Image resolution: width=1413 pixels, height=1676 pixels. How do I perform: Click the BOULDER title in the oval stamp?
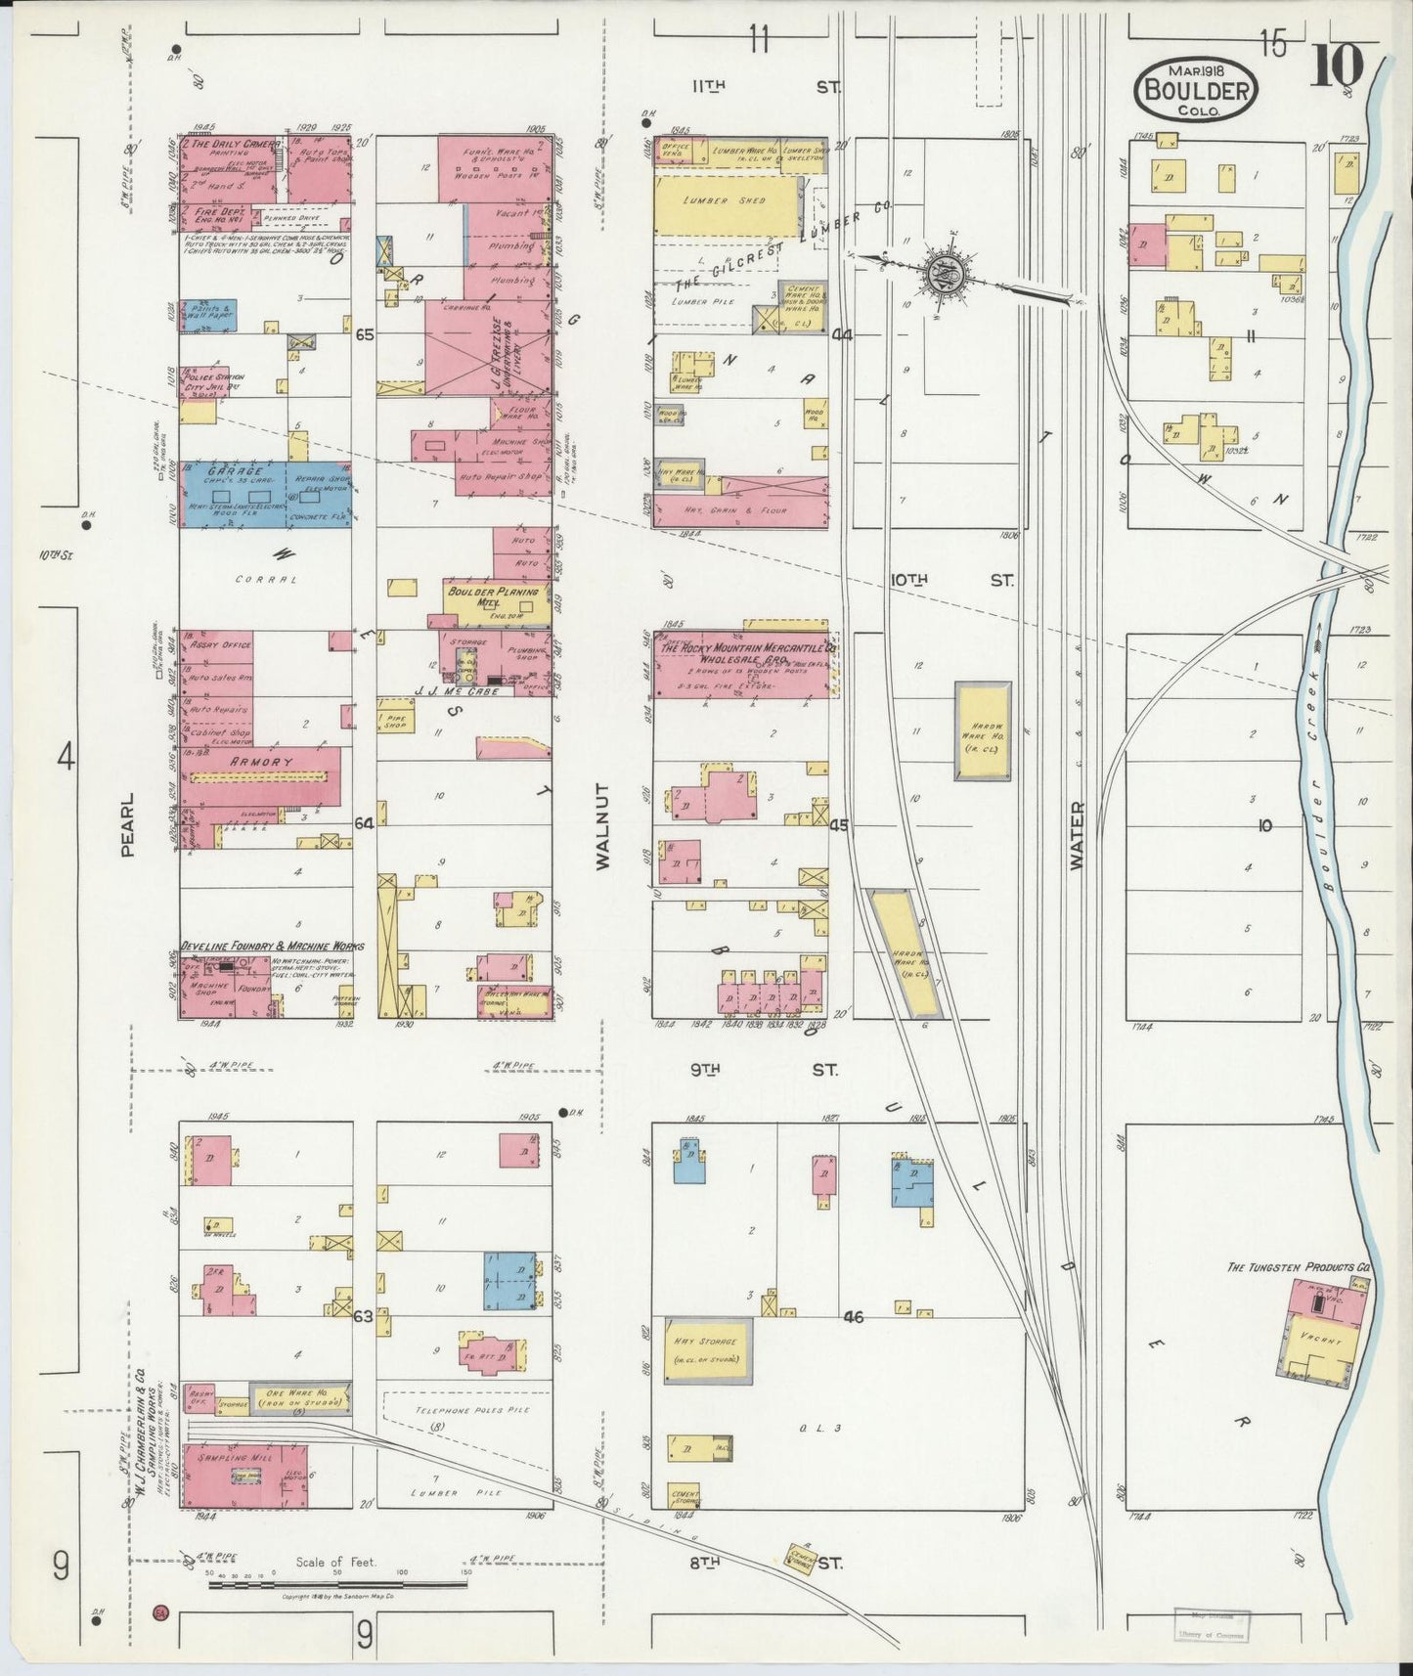point(1197,89)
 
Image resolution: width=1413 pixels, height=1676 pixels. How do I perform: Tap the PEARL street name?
point(127,838)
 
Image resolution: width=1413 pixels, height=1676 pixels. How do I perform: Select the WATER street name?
point(1077,836)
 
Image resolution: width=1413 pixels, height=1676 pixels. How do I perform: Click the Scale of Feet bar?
point(337,1583)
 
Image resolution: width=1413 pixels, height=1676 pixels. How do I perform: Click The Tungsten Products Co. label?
point(1298,1267)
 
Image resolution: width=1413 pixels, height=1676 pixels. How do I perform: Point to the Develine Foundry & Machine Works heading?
point(271,947)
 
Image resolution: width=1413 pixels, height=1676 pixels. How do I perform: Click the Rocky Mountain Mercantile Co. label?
point(746,652)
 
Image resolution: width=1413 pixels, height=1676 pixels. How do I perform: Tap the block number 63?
point(363,1316)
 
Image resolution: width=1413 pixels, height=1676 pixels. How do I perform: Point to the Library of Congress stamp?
point(1211,1622)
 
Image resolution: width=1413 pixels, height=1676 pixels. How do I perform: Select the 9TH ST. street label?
point(764,1070)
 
